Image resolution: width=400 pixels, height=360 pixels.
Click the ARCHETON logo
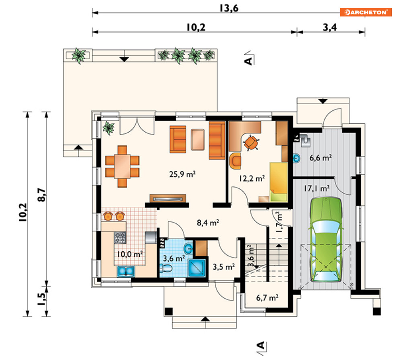click(x=365, y=12)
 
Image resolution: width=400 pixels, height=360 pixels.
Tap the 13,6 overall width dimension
click(x=229, y=8)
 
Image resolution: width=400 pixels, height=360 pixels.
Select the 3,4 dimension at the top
click(x=330, y=27)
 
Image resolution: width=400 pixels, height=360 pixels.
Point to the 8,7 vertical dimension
click(x=41, y=195)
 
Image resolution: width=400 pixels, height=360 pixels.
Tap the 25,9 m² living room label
click(x=182, y=174)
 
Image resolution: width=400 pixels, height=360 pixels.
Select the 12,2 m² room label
click(x=252, y=178)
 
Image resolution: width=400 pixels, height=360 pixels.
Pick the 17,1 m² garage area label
click(x=316, y=188)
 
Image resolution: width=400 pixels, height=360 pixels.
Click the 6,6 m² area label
click(x=320, y=158)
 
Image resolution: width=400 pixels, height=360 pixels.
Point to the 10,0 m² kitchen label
click(x=130, y=254)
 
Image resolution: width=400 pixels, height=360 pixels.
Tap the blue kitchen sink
click(x=126, y=271)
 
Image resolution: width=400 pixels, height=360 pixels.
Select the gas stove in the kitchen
click(x=120, y=237)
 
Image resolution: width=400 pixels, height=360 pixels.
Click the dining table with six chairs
click(x=122, y=166)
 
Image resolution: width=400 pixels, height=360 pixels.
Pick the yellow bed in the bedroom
click(x=279, y=182)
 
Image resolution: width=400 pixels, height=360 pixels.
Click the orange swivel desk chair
click(x=251, y=142)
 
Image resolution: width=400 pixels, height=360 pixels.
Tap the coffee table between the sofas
click(x=197, y=139)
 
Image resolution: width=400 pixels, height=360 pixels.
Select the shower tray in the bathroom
click(x=197, y=268)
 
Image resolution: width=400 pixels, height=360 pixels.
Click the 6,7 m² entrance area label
click(x=267, y=298)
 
